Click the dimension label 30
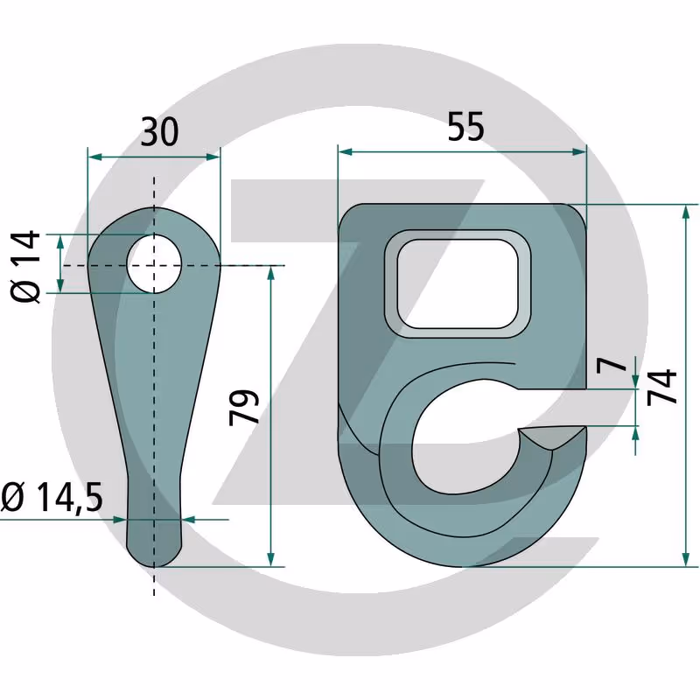coord(159,132)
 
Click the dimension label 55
coord(465,127)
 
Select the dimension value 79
coord(244,407)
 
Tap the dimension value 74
coord(662,387)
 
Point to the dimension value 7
coord(612,365)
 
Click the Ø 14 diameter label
coord(25,267)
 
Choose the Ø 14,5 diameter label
coord(52,497)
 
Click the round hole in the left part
coord(154,265)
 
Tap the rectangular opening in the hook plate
coord(458,283)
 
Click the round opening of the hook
coord(465,437)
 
